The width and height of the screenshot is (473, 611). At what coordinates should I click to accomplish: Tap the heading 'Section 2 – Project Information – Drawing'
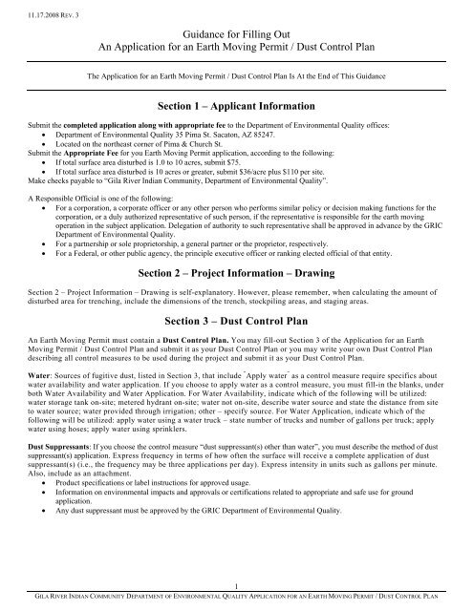coord(236,272)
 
